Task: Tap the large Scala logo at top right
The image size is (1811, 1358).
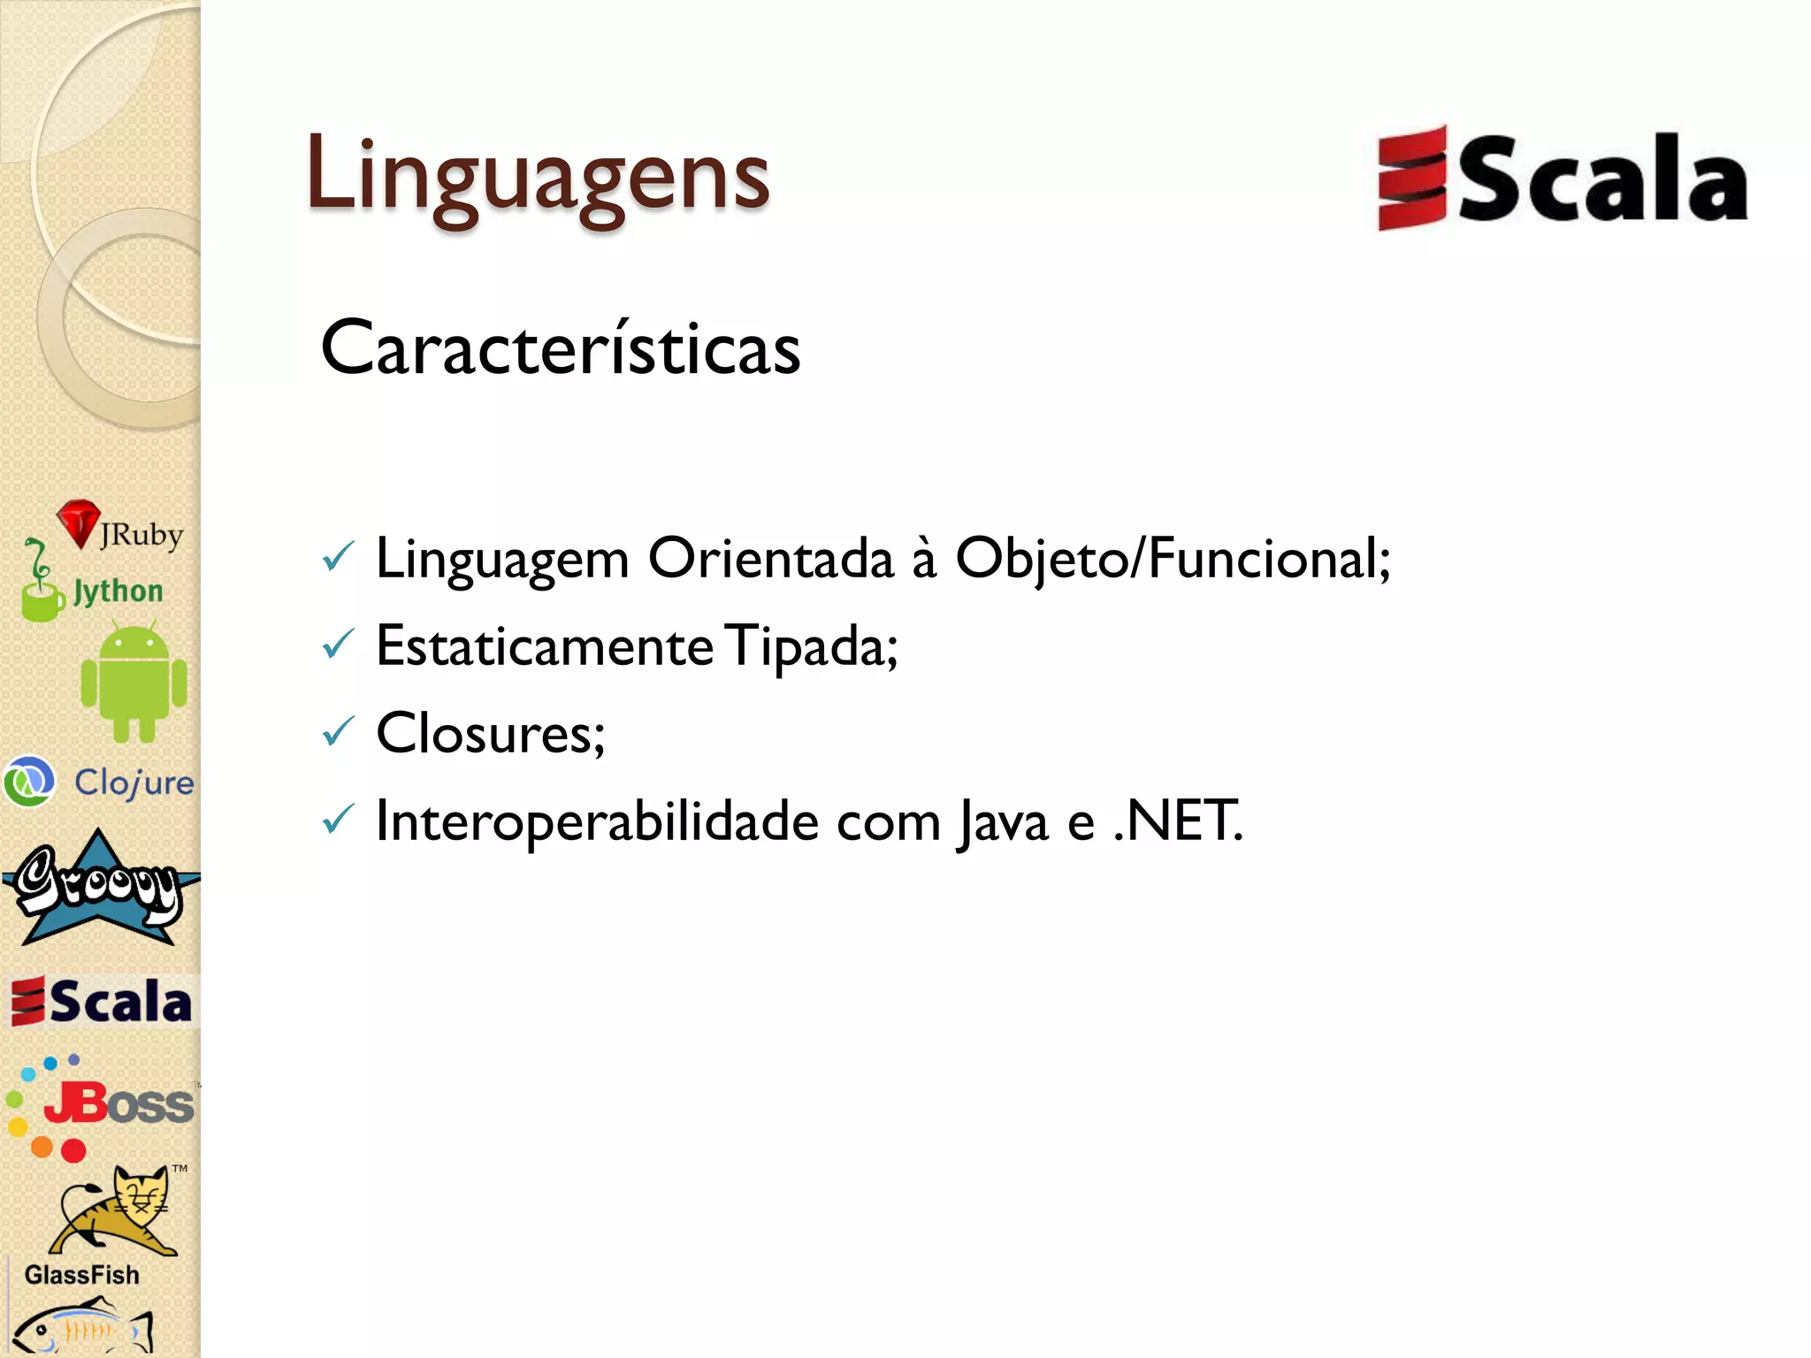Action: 1562,179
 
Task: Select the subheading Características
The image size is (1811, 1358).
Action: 561,348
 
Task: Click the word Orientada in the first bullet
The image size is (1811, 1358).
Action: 770,559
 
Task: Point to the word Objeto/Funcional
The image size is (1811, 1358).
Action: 1173,559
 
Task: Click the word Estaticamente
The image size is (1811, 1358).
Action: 544,646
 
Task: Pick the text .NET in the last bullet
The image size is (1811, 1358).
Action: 1178,821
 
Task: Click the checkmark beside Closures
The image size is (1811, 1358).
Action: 338,732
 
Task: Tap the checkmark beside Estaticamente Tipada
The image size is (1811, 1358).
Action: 338,645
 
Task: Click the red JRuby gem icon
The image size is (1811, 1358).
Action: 79,523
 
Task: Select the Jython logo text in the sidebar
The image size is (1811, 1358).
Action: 118,591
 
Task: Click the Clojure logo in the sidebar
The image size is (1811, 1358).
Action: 99,782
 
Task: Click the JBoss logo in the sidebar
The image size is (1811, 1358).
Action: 102,1105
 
